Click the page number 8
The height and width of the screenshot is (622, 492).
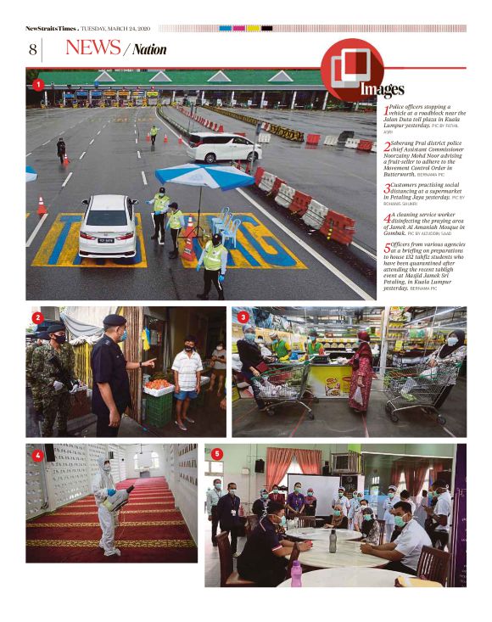tap(32, 50)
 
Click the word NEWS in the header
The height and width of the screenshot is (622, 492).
tap(92, 48)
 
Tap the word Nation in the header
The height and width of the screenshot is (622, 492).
tap(149, 50)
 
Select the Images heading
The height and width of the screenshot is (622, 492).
tap(382, 89)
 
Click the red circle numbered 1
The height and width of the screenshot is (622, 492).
tap(37, 85)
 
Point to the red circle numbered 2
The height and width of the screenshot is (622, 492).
tap(37, 317)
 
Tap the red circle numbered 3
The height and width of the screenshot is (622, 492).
tap(243, 317)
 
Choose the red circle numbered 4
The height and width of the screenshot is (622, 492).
tap(37, 455)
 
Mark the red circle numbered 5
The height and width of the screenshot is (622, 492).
tap(216, 454)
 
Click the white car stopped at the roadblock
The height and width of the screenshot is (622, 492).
tap(108, 227)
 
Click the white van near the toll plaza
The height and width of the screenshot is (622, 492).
tap(224, 147)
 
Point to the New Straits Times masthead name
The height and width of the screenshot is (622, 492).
tap(51, 28)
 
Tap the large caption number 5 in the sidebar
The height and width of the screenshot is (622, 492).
tap(388, 249)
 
